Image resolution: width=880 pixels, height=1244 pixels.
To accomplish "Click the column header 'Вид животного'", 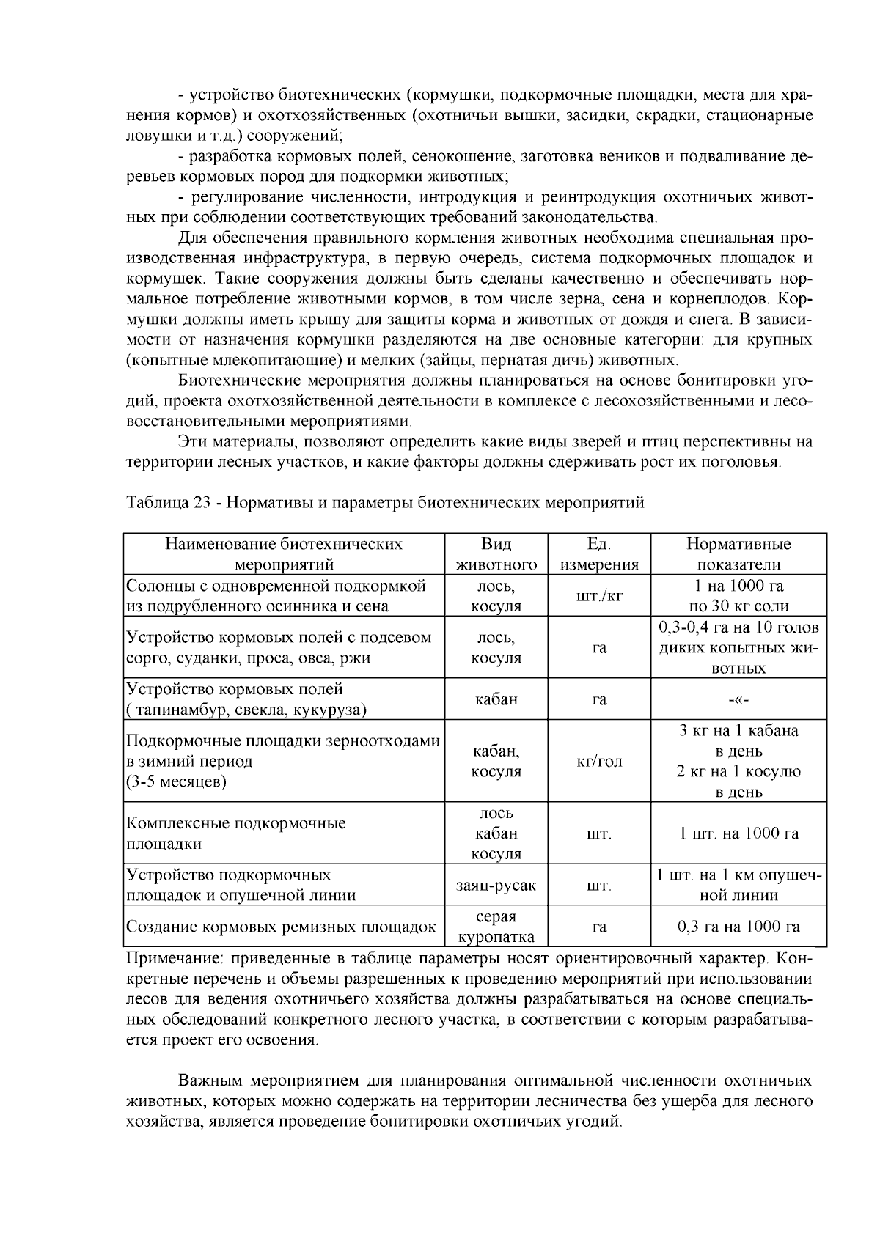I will [496, 554].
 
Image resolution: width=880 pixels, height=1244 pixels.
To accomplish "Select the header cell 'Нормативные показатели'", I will [738, 554].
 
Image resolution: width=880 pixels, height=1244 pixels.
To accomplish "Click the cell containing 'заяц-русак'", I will [496, 886].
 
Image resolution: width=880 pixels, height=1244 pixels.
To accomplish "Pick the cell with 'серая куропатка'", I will [496, 927].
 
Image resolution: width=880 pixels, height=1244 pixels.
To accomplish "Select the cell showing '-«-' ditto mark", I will [738, 699].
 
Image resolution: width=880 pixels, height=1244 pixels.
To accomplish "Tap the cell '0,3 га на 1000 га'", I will [738, 927].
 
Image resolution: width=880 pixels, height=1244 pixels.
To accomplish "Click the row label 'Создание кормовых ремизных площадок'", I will [282, 927].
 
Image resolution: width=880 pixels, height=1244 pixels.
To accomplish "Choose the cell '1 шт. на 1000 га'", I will [738, 833].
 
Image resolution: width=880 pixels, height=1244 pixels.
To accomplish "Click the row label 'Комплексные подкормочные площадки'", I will [236, 833].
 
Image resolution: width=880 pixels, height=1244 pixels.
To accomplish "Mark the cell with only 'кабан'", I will [496, 699].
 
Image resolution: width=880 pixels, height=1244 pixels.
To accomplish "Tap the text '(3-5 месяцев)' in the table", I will [177, 781].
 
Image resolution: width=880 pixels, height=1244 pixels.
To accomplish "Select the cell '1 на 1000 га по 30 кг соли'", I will [738, 596].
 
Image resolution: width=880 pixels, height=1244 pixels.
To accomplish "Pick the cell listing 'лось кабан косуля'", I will [496, 833].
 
